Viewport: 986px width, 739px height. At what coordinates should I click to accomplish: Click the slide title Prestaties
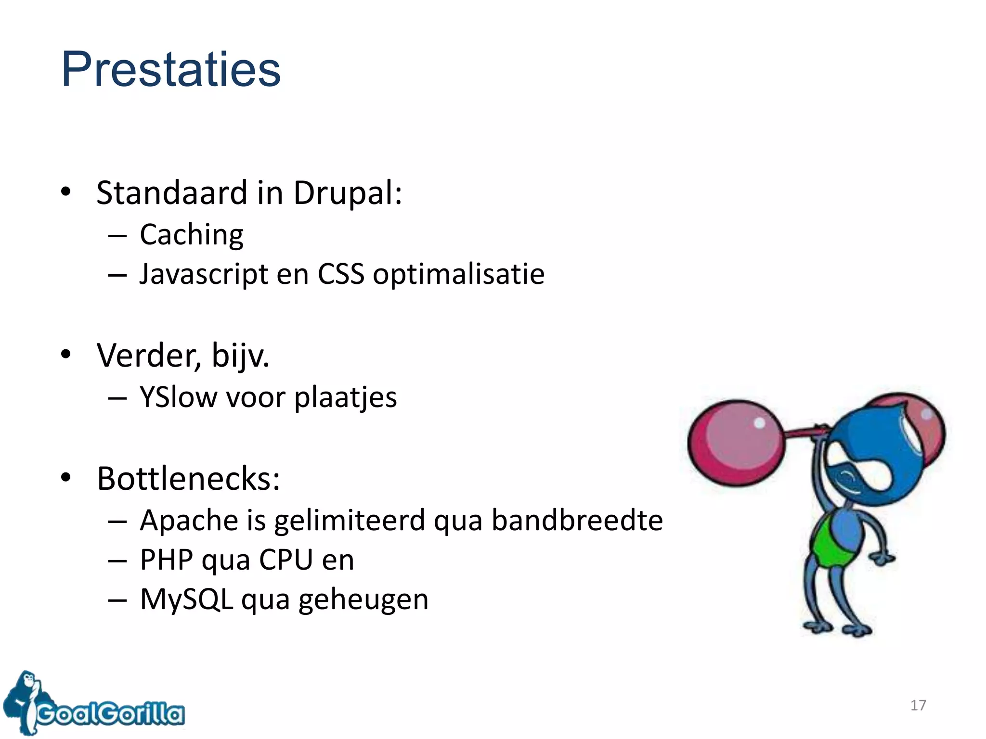tap(171, 70)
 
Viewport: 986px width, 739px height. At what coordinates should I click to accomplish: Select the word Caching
tap(192, 235)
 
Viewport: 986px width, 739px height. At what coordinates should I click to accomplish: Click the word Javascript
tap(204, 274)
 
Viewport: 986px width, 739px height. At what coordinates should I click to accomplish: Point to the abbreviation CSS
tap(341, 274)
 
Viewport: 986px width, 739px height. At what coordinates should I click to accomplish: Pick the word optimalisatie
tap(458, 274)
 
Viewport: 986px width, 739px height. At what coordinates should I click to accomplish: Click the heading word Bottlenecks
tap(188, 479)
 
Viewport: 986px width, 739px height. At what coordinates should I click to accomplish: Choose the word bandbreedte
tap(577, 521)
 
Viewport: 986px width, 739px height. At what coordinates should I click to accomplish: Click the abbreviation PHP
tap(166, 560)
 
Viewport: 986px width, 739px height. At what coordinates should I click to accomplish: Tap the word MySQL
tap(187, 600)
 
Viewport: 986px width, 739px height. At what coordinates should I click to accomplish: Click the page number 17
tap(918, 705)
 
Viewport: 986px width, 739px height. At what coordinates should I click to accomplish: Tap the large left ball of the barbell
tap(735, 443)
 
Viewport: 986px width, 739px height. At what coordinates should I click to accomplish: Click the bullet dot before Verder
tap(66, 355)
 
